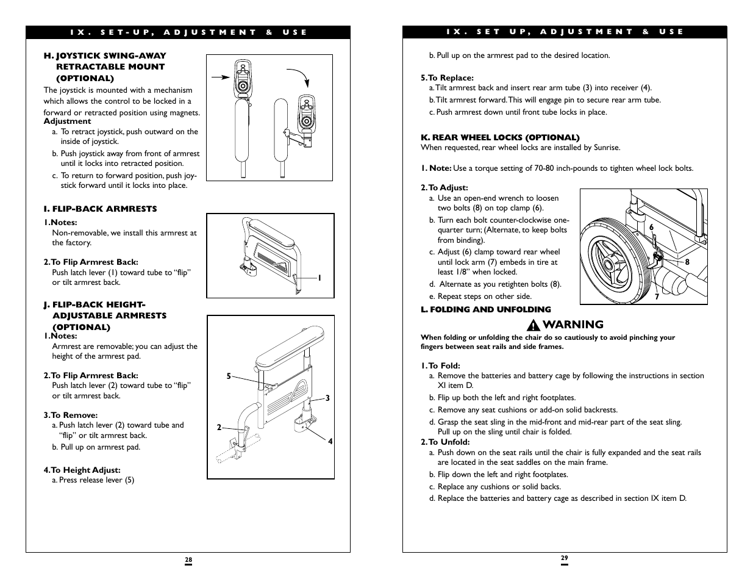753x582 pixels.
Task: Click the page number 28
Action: point(188,559)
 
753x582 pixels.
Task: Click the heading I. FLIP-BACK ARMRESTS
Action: point(100,209)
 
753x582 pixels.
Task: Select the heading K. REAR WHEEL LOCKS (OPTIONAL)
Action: point(500,137)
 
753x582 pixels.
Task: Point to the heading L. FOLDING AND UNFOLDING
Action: point(485,309)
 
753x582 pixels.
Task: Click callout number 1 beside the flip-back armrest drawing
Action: point(319,278)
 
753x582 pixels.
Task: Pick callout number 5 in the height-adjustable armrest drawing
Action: point(229,376)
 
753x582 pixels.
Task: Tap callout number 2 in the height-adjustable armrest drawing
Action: point(219,428)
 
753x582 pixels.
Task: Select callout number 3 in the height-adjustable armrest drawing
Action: point(327,398)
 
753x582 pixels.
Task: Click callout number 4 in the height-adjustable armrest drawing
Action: point(330,441)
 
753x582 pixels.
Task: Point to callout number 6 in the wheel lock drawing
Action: point(651,227)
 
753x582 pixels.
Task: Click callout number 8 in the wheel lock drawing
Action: point(687,262)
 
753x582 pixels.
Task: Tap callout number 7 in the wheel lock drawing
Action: point(657,297)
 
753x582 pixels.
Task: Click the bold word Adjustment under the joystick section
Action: point(67,121)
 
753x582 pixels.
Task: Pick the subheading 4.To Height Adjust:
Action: point(82,470)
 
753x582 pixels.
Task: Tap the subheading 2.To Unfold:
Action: point(445,442)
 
